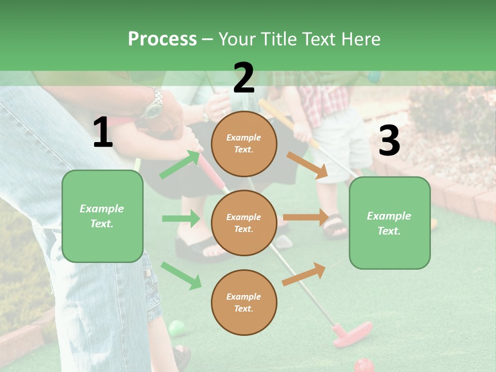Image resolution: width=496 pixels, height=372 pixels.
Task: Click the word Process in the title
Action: tap(162, 39)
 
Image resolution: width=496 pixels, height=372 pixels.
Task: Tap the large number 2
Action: tap(244, 78)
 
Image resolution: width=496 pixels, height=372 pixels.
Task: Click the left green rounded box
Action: tap(102, 216)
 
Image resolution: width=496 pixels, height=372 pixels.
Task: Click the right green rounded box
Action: tap(390, 223)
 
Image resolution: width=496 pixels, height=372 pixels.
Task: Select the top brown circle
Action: tap(244, 144)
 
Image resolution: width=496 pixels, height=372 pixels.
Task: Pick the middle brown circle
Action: tap(244, 223)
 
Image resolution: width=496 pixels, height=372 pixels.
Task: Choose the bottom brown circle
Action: tap(244, 302)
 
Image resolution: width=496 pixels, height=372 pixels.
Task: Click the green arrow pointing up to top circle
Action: tap(180, 165)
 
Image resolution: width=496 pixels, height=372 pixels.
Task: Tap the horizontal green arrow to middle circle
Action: tap(181, 219)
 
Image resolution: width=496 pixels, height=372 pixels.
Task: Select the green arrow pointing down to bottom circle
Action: tap(181, 275)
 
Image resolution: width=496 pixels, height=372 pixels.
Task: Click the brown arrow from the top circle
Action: tap(307, 165)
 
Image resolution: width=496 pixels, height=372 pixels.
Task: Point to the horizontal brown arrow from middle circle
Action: tap(306, 218)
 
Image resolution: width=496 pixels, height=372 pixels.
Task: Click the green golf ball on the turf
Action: tap(177, 328)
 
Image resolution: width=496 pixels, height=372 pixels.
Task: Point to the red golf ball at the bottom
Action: tap(364, 365)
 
